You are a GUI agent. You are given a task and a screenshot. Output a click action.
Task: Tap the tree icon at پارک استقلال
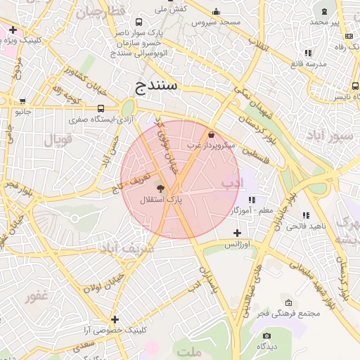pyautogui.click(x=160, y=188)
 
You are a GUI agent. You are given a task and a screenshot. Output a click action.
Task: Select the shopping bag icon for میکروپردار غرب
pyautogui.click(x=212, y=134)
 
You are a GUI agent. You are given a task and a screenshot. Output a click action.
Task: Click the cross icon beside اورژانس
pyautogui.click(x=237, y=233)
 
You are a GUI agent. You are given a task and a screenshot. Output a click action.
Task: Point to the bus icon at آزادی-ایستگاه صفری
pyautogui.click(x=102, y=109)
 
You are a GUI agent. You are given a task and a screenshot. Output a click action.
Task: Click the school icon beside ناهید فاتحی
pyautogui.click(x=305, y=215)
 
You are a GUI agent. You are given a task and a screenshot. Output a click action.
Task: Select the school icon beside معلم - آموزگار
pyautogui.click(x=252, y=200)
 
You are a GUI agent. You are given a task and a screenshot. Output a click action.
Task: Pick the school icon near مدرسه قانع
pyautogui.click(x=308, y=53)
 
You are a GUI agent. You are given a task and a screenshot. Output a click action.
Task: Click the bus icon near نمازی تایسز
pyautogui.click(x=354, y=86)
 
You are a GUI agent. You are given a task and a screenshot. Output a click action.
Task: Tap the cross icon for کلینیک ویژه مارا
pyautogui.click(x=13, y=30)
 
